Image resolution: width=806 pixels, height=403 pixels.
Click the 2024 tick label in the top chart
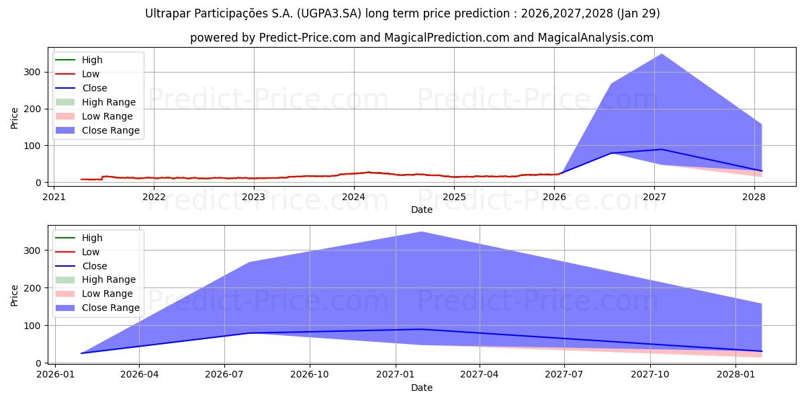pyautogui.click(x=354, y=197)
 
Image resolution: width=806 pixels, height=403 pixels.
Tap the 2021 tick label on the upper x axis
pyautogui.click(x=54, y=197)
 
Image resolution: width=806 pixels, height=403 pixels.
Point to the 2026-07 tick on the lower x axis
pyautogui.click(x=225, y=375)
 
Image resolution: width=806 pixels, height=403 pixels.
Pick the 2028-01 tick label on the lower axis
pyautogui.click(x=736, y=375)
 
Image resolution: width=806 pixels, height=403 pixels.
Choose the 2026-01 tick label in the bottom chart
pyautogui.click(x=54, y=375)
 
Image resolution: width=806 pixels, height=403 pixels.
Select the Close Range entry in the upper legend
pyautogui.click(x=110, y=130)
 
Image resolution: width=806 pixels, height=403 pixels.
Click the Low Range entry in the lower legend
pyautogui.click(x=108, y=294)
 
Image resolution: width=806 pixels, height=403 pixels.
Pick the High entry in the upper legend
pyautogui.click(x=92, y=60)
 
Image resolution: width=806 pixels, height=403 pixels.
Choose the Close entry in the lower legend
pyautogui.click(x=94, y=266)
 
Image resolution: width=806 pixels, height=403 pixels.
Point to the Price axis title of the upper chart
pyautogui.click(x=15, y=118)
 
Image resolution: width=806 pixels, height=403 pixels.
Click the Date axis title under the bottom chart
pyautogui.click(x=421, y=388)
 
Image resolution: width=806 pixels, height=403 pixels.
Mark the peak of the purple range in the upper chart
pyautogui.click(x=662, y=54)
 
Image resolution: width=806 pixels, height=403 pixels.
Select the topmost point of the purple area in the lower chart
pyautogui.click(x=421, y=232)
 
